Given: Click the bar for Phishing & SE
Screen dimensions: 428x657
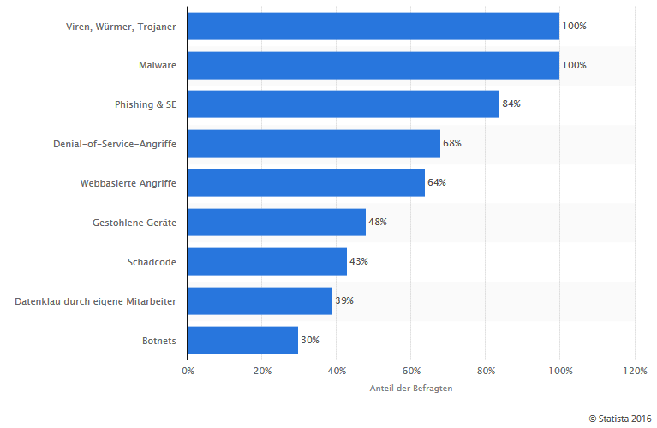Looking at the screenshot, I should click(343, 104).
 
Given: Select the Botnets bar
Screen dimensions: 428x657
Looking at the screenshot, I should click(242, 341).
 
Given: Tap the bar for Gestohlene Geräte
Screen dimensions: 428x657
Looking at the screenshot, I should click(276, 223).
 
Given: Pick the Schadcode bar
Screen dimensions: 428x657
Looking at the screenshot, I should click(266, 262).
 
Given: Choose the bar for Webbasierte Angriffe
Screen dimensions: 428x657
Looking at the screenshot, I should click(306, 183).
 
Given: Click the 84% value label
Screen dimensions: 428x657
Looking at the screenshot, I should click(511, 104).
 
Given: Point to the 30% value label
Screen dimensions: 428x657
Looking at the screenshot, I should click(310, 341).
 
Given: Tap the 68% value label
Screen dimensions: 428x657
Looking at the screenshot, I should click(452, 144).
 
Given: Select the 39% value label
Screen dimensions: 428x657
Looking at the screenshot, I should click(344, 301).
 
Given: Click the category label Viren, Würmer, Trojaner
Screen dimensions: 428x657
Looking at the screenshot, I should click(121, 26).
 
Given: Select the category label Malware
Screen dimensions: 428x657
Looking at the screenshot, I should click(158, 65).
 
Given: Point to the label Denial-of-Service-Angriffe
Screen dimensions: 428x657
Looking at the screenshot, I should click(115, 144).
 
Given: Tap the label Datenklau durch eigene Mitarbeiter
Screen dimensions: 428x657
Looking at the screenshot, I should click(95, 301).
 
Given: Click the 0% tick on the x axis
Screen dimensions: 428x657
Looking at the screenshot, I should click(188, 371).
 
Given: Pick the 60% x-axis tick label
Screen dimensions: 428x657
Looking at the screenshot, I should click(410, 371).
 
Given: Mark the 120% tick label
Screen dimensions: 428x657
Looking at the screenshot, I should click(634, 371).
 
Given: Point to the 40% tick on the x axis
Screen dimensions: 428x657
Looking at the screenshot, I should click(336, 371).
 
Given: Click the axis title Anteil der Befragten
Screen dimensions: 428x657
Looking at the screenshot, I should click(410, 389).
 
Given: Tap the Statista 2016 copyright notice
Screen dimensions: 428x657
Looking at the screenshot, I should click(620, 418).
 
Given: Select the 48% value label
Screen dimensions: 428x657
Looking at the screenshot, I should click(378, 223).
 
